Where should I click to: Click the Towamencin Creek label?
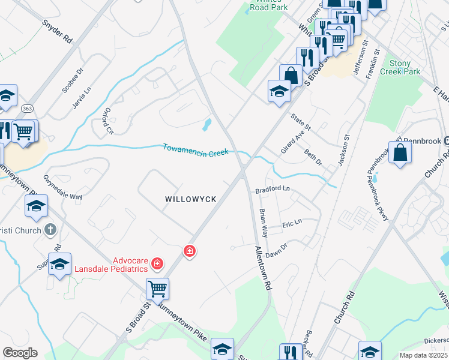click(196, 150)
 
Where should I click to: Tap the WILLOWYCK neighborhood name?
click(190, 198)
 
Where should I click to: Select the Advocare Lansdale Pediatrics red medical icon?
click(157, 263)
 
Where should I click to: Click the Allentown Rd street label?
click(262, 268)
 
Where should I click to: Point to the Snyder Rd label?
click(58, 32)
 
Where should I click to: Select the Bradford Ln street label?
click(273, 189)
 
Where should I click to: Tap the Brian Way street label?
click(263, 223)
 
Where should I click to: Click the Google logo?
click(20, 353)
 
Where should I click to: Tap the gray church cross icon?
click(51, 230)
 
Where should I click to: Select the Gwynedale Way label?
click(62, 188)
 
